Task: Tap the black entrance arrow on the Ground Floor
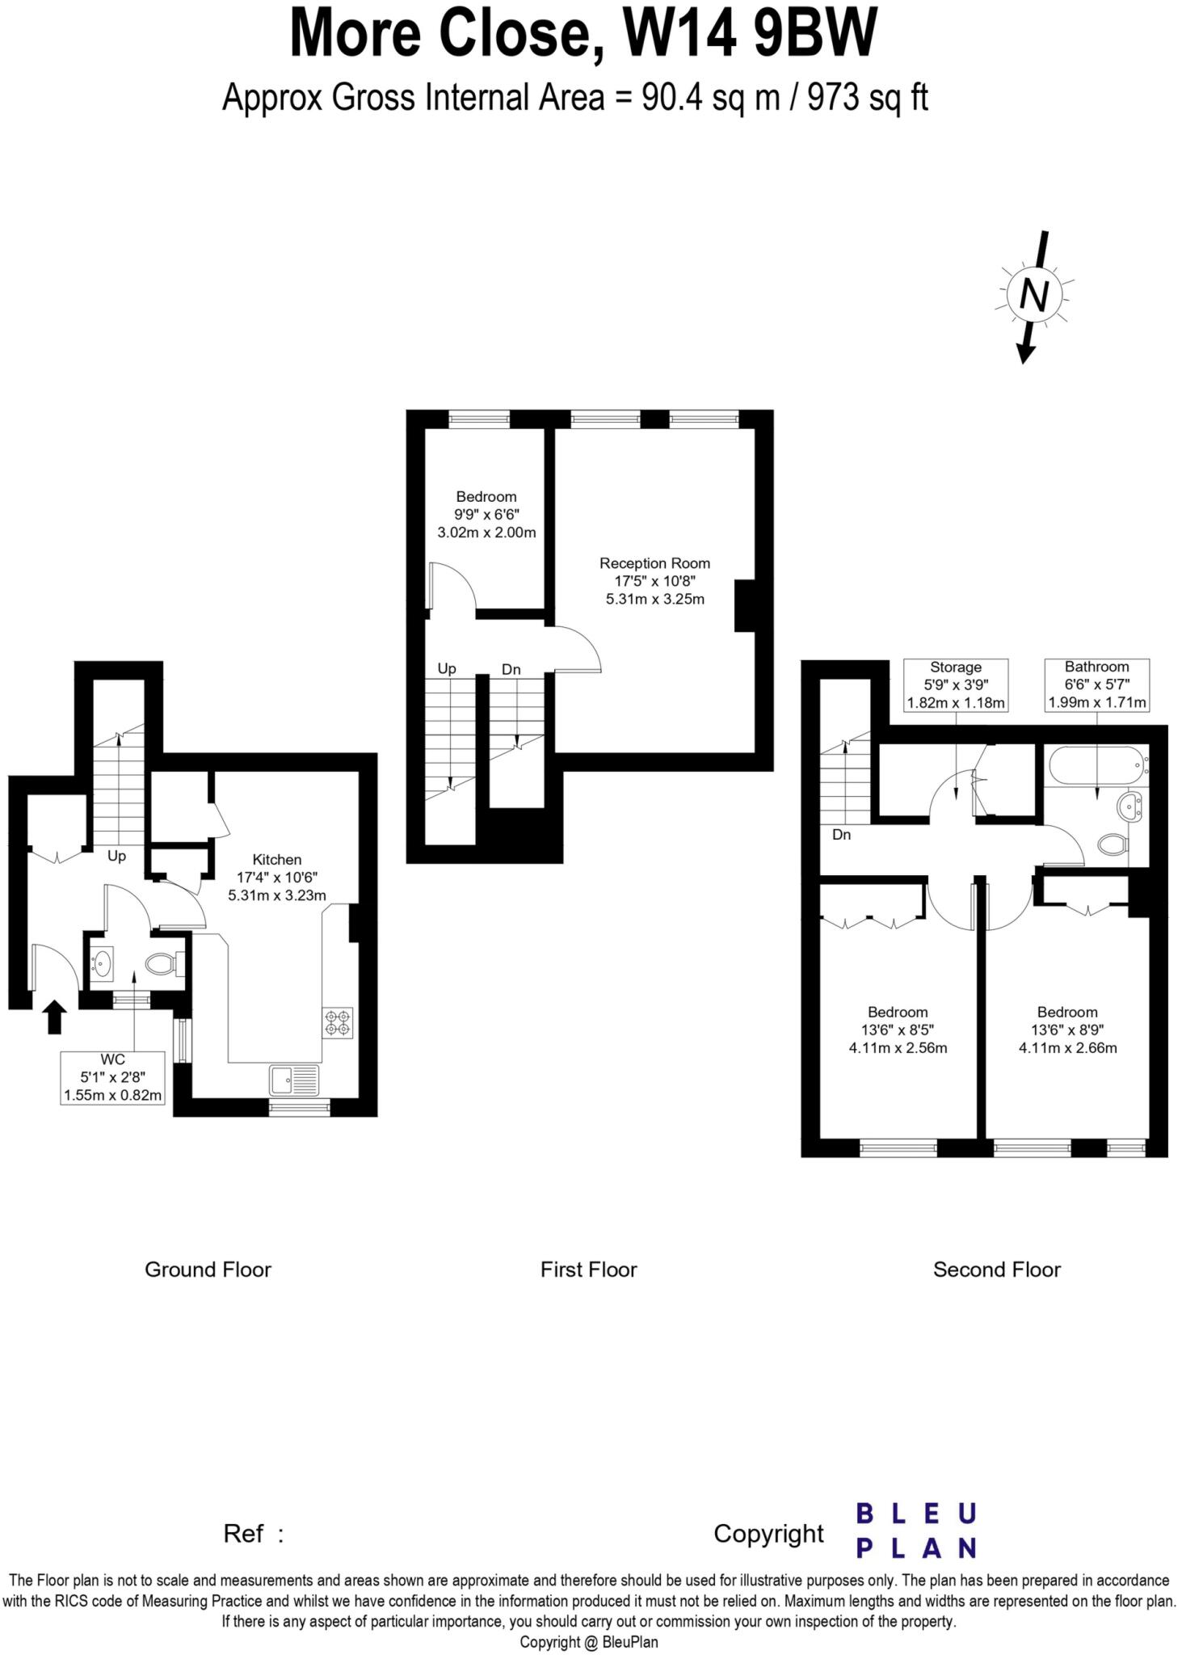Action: [54, 1017]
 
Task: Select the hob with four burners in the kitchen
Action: [338, 1023]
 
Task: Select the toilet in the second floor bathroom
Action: [1113, 845]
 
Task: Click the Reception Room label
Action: [654, 563]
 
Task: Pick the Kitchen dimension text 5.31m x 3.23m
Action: [277, 895]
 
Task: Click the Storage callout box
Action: [956, 684]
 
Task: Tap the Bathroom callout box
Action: [1096, 684]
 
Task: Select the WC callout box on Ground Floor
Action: [113, 1077]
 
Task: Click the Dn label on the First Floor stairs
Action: [511, 669]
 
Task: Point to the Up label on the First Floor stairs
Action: [447, 668]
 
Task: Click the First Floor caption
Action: [588, 1270]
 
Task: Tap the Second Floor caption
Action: [996, 1270]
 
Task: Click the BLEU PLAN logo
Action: [916, 1530]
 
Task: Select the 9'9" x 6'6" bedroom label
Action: [486, 515]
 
